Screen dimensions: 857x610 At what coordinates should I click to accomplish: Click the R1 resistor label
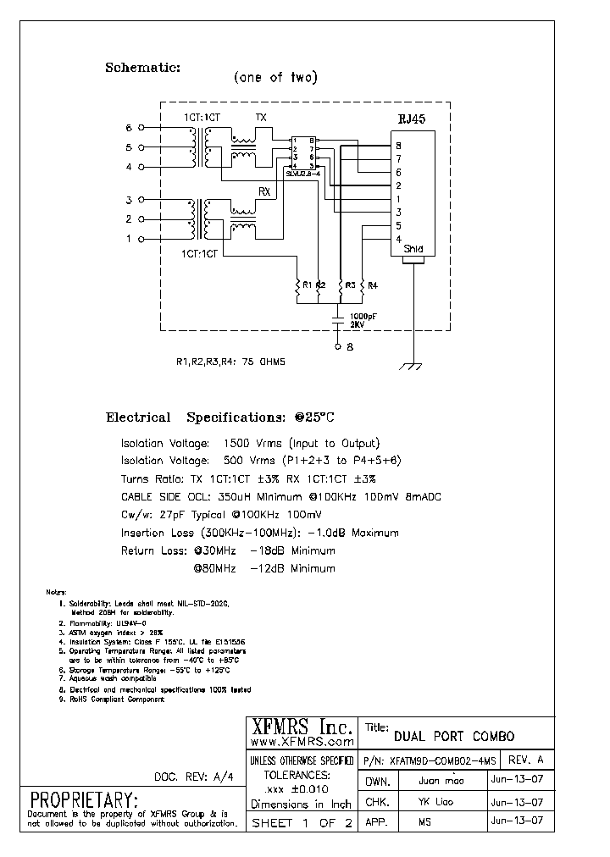308,286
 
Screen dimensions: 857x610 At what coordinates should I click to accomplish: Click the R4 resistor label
372,286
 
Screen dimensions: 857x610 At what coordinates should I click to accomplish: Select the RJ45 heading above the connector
413,119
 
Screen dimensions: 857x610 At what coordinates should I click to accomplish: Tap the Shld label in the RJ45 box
413,250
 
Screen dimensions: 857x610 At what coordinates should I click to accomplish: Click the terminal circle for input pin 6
141,129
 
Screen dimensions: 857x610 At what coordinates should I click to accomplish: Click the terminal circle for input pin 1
141,239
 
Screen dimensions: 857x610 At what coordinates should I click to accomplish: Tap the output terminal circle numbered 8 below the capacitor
339,346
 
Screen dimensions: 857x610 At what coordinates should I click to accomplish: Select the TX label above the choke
261,118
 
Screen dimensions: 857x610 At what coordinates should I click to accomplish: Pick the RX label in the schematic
263,192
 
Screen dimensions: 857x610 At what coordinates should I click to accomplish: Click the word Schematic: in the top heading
142,68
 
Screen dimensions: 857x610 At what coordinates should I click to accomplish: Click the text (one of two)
275,78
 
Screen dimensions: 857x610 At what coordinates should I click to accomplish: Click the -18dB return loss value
267,550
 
